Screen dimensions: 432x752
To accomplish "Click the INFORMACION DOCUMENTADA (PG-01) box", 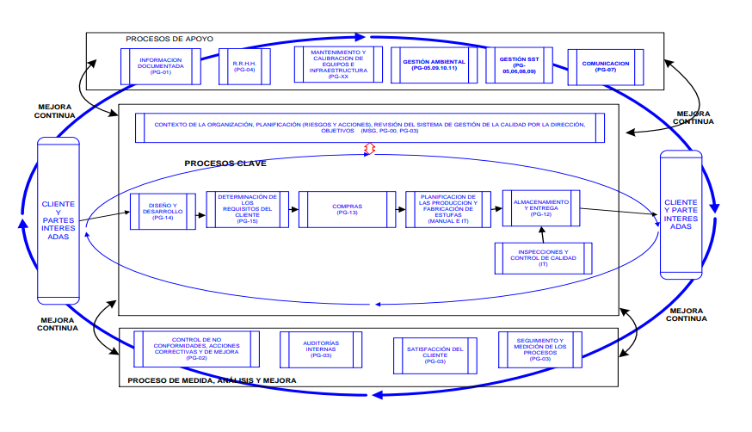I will click(x=160, y=66).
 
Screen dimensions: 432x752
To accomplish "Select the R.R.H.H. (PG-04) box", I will click(x=244, y=66).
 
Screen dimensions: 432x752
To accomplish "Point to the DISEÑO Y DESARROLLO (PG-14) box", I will click(x=163, y=210).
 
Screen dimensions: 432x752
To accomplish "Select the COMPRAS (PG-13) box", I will click(x=347, y=209).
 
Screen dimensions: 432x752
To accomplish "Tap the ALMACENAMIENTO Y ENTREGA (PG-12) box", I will click(x=540, y=208).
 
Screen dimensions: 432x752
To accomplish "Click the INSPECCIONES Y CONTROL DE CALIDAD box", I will click(x=542, y=257).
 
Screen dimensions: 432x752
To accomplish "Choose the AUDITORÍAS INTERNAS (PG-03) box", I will click(x=321, y=349).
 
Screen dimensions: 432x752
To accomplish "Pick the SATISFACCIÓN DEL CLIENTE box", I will click(x=435, y=353).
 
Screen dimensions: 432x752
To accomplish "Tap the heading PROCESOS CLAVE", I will click(x=225, y=163).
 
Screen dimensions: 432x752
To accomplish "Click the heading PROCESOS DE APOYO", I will click(x=170, y=39).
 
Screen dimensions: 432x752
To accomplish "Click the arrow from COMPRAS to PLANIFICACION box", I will click(x=396, y=209).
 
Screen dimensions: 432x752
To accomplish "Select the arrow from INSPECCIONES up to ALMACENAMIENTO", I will click(x=542, y=234).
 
